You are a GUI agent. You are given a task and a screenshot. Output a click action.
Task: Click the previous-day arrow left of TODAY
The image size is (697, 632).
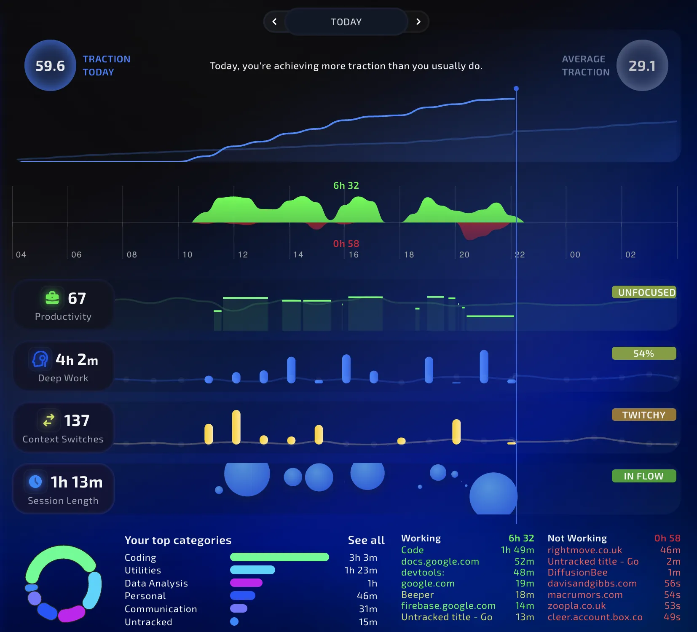point(275,21)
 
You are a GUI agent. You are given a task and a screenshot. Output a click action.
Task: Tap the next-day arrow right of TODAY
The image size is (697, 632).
point(418,21)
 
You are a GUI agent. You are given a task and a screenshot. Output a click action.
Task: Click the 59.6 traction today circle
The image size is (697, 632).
point(50,65)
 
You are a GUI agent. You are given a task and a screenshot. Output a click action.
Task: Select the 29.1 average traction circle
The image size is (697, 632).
point(642,65)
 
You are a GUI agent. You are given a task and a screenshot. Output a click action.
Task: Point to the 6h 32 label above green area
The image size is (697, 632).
point(346,185)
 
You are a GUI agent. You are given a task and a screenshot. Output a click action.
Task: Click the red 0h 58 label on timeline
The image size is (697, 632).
point(346,244)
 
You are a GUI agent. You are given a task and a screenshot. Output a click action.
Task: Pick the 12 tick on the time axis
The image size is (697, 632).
point(243,254)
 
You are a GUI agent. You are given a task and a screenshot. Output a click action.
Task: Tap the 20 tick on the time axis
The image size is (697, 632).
point(464,254)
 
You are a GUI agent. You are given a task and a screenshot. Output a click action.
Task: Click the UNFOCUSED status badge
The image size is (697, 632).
point(644,292)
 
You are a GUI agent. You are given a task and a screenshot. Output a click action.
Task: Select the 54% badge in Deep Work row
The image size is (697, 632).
point(644,353)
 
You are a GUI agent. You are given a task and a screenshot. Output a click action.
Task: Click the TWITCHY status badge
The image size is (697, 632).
point(644,415)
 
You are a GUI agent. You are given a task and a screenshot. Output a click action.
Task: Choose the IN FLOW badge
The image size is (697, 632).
point(644,476)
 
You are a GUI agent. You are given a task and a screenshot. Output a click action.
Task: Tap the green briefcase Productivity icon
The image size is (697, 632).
point(52,297)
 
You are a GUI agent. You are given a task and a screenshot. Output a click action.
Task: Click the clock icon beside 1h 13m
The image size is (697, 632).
point(35,481)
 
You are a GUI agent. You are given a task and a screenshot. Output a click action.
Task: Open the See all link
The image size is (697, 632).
point(366,540)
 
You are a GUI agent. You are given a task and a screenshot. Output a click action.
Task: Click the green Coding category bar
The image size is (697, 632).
point(279,557)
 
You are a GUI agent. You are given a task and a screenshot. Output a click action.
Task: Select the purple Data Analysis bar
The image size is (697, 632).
point(246,583)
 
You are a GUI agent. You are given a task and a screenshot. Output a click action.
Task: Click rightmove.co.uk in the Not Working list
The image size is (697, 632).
point(584,550)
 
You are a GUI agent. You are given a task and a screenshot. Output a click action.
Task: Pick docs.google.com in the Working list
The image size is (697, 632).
point(440,561)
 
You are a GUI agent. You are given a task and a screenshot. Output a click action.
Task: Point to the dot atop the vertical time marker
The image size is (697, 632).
point(516,88)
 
